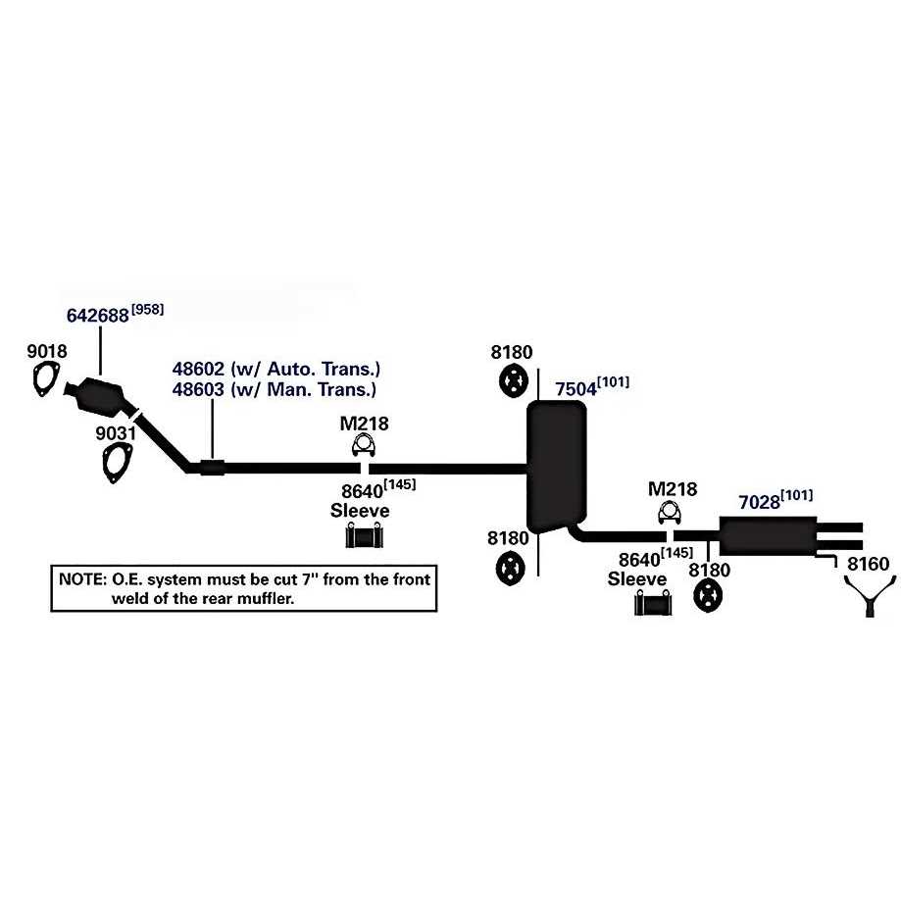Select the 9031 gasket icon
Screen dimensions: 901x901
[x=117, y=462]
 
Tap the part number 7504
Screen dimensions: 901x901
[x=576, y=389]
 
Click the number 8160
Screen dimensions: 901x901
[x=868, y=565]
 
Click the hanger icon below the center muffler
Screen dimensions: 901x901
[x=512, y=568]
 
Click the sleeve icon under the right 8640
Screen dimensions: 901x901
[x=652, y=604]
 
